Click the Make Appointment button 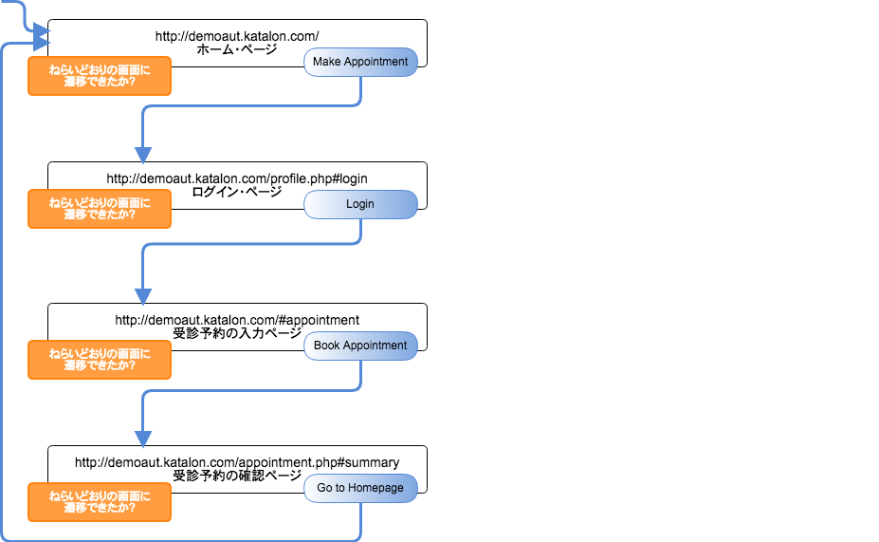tap(360, 62)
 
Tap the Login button tap(360, 204)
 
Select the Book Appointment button tap(360, 346)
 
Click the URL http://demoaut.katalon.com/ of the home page tap(237, 36)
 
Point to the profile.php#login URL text tap(237, 178)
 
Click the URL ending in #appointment tap(237, 320)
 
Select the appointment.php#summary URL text tap(237, 462)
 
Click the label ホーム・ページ tap(237, 49)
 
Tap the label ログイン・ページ tap(237, 192)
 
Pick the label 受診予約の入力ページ tap(237, 334)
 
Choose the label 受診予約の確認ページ tap(237, 476)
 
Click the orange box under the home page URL tap(100, 76)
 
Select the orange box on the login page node tap(100, 209)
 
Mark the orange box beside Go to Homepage tap(100, 502)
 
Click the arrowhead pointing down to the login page tap(143, 154)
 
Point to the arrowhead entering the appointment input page tap(143, 295)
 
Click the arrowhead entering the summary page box tap(143, 438)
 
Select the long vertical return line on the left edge tap(4, 285)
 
